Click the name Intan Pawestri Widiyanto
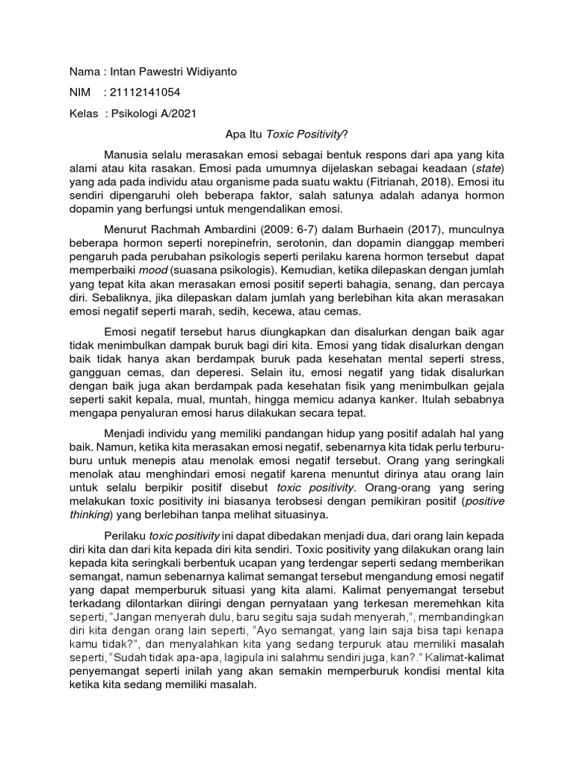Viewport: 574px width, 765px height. click(173, 72)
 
